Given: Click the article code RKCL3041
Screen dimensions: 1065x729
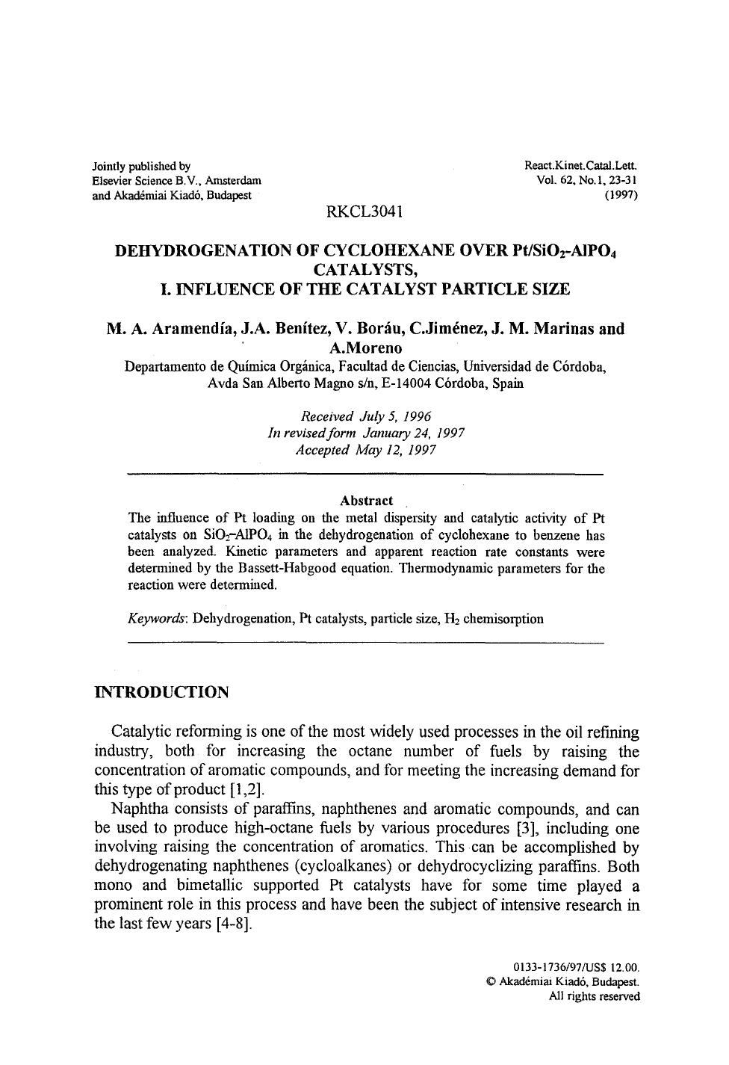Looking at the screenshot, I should click(x=365, y=212).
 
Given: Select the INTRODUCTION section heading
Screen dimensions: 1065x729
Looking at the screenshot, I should click(x=161, y=692).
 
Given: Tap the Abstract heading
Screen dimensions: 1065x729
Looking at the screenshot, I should click(x=366, y=501).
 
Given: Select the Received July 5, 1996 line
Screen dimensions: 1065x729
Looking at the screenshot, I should click(x=365, y=416).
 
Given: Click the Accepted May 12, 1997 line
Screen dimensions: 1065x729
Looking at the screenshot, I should click(x=365, y=451).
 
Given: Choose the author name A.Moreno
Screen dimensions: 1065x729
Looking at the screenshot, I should click(x=365, y=348).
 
